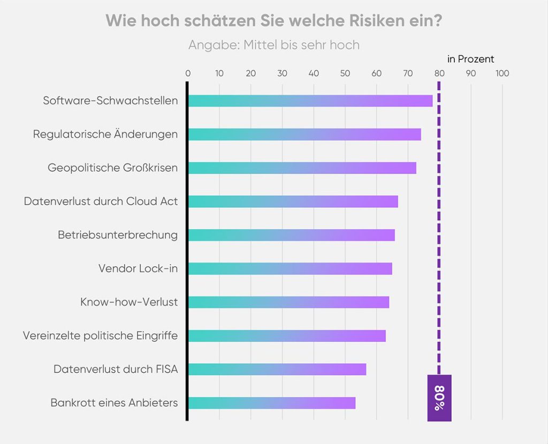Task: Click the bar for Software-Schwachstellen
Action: tap(310, 101)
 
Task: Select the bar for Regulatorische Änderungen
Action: tap(305, 134)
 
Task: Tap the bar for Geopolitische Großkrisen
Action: tap(302, 168)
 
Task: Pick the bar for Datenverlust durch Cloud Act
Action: tap(293, 201)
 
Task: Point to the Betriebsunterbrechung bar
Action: tap(291, 235)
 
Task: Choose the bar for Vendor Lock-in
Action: tap(290, 268)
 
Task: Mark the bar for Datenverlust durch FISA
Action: tap(277, 369)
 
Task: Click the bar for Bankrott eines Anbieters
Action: tap(271, 403)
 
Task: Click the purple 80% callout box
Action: tap(439, 398)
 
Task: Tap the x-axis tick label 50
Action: tap(345, 73)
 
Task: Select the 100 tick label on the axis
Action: tap(502, 73)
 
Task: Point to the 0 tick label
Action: tap(188, 73)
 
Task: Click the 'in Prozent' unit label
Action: tap(470, 59)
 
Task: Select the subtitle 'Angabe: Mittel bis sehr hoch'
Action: tap(273, 45)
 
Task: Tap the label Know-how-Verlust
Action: tap(129, 302)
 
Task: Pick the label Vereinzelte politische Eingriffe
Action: tap(100, 336)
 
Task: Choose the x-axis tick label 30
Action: tap(282, 73)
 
